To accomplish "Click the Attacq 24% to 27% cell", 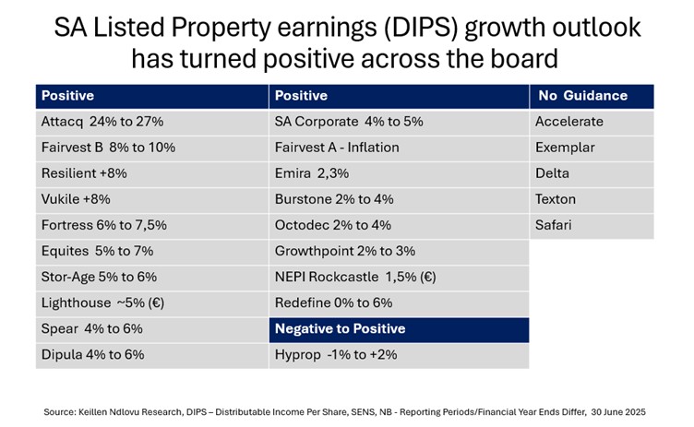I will click(x=151, y=122).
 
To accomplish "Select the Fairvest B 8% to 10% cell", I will click(x=151, y=148).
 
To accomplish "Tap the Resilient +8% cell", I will click(x=151, y=173).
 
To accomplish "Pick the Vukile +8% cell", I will click(x=151, y=199).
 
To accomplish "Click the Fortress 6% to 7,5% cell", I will click(x=151, y=225).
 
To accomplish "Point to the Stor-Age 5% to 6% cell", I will click(x=151, y=277).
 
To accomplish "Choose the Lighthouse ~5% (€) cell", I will click(x=151, y=302).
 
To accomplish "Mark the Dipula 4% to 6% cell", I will click(x=151, y=354).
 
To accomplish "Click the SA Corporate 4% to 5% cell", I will click(x=398, y=122).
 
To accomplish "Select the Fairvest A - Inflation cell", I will click(x=398, y=148).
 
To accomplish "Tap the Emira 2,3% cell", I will click(x=398, y=173).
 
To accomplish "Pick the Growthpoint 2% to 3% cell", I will click(x=398, y=251).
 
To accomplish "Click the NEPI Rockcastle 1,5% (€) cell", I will click(x=398, y=277).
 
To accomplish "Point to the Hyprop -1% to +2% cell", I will click(x=398, y=354).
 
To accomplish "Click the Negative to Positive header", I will click(x=398, y=328).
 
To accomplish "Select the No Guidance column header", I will click(x=592, y=96).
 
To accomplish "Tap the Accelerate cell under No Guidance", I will click(x=592, y=122).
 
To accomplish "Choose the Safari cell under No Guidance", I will click(x=592, y=225).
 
